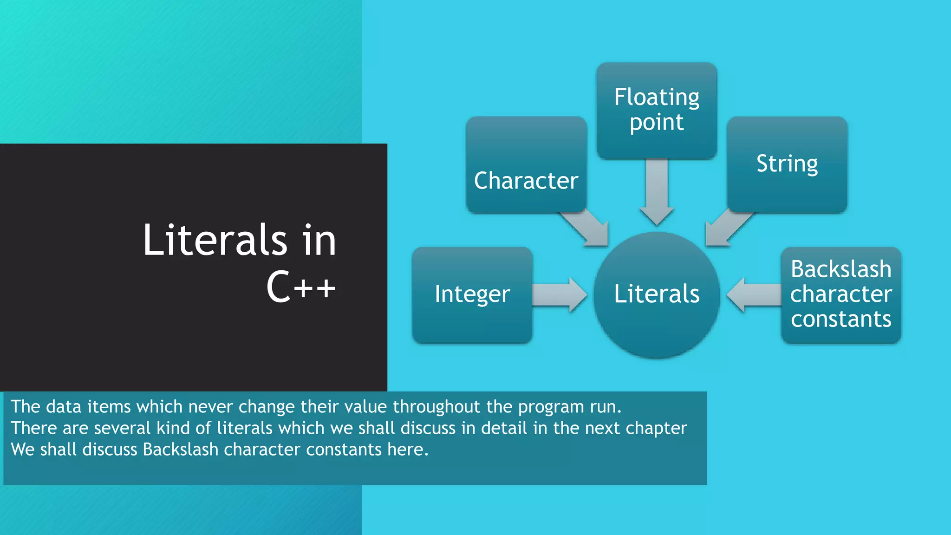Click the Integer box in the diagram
click(472, 295)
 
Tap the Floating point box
click(657, 111)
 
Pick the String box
click(787, 164)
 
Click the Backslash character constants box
click(841, 295)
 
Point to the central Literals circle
click(657, 295)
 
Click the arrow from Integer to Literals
click(560, 295)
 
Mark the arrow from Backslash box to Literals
click(754, 295)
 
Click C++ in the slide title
click(301, 287)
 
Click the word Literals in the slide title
click(215, 240)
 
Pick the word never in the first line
click(210, 407)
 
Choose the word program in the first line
click(551, 407)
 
